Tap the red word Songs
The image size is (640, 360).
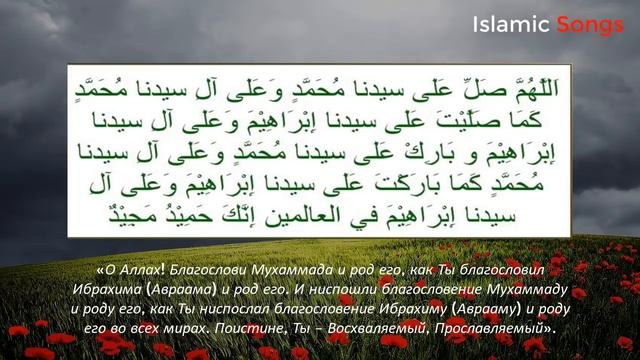590,23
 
